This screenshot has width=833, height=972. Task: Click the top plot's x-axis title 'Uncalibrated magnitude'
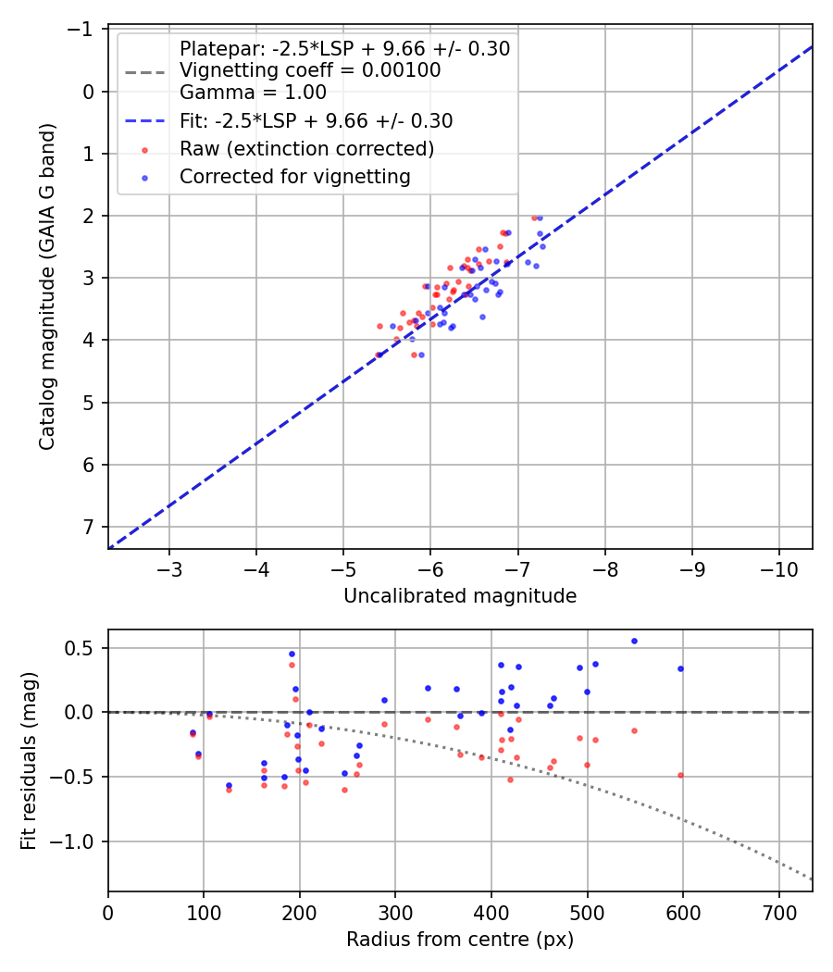[460, 596]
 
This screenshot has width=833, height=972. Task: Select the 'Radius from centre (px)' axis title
[460, 940]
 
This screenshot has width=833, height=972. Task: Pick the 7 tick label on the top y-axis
[89, 527]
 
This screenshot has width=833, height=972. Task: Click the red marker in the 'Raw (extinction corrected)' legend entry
[144, 149]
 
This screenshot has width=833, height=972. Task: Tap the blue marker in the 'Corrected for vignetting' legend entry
[144, 176]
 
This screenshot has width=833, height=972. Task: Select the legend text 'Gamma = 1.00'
[253, 92]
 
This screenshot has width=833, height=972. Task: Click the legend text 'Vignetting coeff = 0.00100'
[310, 70]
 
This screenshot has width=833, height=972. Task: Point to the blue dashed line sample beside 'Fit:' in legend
[144, 121]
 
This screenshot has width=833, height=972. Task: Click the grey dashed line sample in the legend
[144, 70]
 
